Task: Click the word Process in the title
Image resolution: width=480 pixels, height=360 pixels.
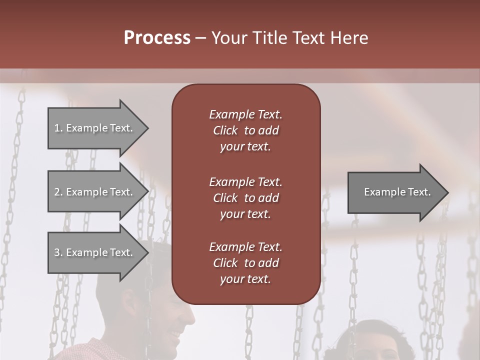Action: click(157, 38)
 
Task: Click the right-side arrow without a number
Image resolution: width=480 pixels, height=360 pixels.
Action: click(395, 192)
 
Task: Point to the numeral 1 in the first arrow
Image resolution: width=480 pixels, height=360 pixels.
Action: click(57, 128)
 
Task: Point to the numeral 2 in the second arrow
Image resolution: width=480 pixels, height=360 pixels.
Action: click(57, 192)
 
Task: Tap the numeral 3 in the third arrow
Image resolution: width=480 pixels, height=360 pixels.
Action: click(57, 252)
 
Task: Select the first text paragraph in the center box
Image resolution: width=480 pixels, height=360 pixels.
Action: click(245, 130)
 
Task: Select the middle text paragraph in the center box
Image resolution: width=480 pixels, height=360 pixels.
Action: click(245, 198)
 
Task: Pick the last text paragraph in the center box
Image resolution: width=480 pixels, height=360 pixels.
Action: click(245, 263)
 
